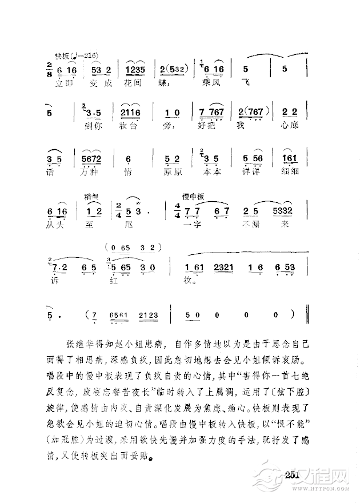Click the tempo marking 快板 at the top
(62, 55)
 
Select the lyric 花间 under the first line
(134, 82)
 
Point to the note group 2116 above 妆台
(130, 113)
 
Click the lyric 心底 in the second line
(290, 125)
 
